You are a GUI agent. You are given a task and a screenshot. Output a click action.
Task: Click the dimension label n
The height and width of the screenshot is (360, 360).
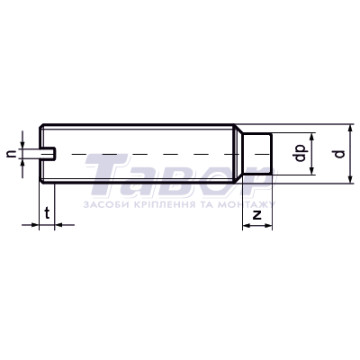[x=12, y=154]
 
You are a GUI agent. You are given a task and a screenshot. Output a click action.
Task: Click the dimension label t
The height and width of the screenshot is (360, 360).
[x=47, y=213]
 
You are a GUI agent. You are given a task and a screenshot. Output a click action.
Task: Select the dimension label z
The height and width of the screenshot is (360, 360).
[x=257, y=216]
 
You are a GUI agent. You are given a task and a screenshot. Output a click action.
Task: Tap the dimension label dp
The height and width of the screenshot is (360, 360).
[x=301, y=153]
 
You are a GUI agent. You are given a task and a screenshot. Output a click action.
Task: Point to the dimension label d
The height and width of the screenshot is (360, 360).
[x=339, y=154]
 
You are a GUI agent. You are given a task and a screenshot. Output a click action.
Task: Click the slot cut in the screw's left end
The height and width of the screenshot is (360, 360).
[x=48, y=154]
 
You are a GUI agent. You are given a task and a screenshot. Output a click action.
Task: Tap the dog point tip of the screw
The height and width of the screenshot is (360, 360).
[x=257, y=154]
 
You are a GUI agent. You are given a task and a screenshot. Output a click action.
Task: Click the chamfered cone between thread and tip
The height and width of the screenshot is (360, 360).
[x=238, y=154]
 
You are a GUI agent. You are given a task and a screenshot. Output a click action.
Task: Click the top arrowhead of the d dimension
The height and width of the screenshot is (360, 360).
[x=350, y=128]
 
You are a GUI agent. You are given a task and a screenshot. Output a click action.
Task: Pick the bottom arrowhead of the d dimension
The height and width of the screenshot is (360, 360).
[x=350, y=179]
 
